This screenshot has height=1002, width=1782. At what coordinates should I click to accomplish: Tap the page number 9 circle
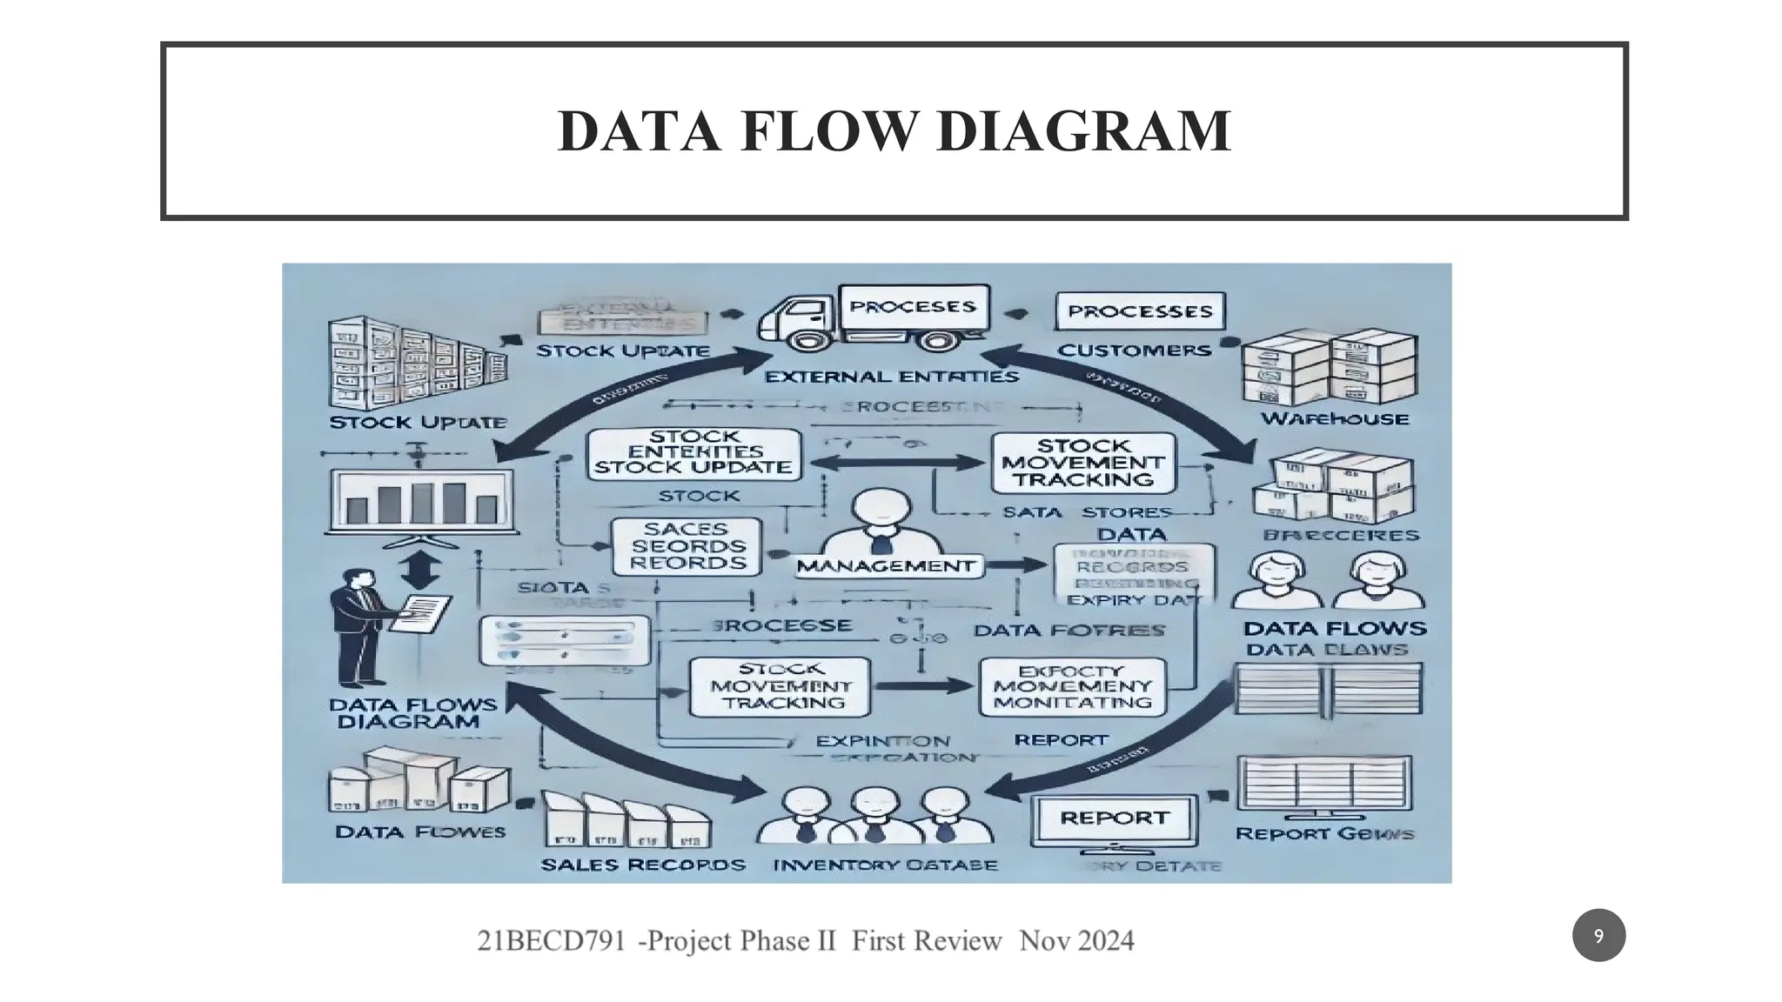[x=1598, y=936]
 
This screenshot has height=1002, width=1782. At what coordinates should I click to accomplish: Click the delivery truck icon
[x=796, y=326]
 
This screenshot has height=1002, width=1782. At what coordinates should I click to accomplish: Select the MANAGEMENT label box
[x=887, y=566]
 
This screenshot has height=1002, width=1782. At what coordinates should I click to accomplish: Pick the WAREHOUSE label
[x=1335, y=419]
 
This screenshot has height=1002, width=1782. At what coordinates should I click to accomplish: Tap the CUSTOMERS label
[x=1134, y=351]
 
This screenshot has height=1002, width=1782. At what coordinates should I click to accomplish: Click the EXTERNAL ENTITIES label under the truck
[x=891, y=377]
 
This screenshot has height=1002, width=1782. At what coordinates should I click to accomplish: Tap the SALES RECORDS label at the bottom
[x=643, y=865]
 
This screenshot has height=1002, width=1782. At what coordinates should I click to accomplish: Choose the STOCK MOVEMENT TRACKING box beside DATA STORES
[x=1083, y=463]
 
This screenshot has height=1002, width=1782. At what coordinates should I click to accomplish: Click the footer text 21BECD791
[x=552, y=940]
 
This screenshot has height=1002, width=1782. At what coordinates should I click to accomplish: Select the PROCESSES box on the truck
[x=912, y=307]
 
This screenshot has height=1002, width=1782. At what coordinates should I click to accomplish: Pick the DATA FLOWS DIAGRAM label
[x=414, y=713]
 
